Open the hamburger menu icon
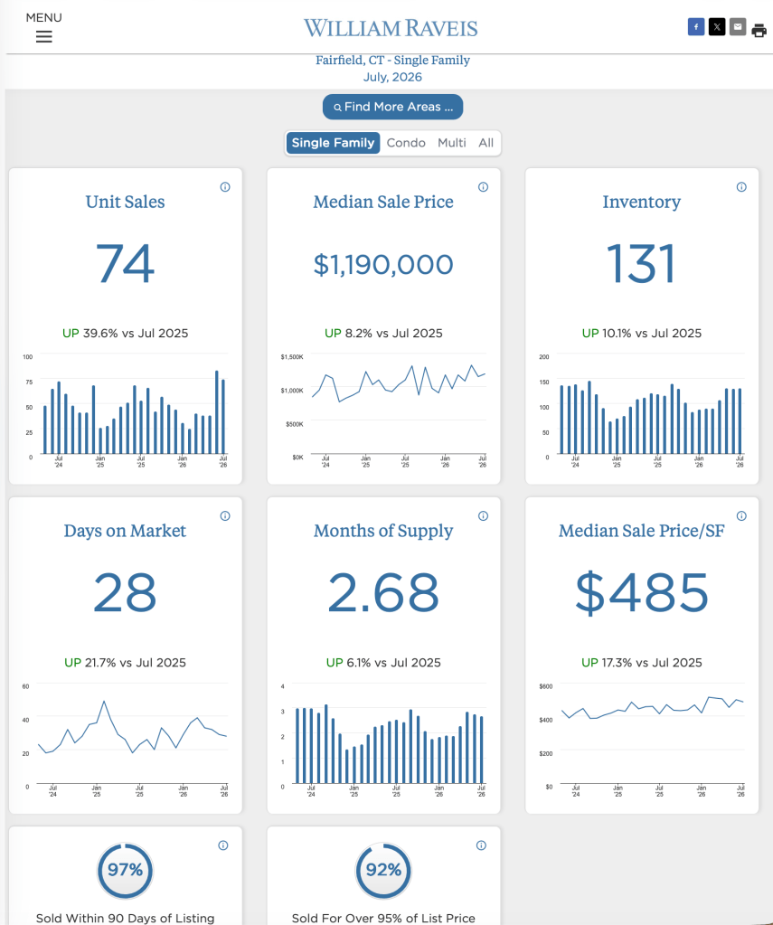pyautogui.click(x=43, y=36)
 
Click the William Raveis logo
pyautogui.click(x=391, y=28)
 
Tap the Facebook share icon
pyautogui.click(x=696, y=26)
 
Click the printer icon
pyautogui.click(x=759, y=30)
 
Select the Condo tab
pyautogui.click(x=406, y=143)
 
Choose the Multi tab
pyautogui.click(x=451, y=143)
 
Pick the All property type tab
pyautogui.click(x=485, y=143)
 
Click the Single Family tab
pyautogui.click(x=333, y=143)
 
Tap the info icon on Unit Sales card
pyautogui.click(x=225, y=187)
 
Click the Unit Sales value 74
pyautogui.click(x=125, y=264)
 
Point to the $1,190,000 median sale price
pyautogui.click(x=383, y=264)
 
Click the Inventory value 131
pyautogui.click(x=641, y=264)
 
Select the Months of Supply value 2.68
pyautogui.click(x=383, y=592)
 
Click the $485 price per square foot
pyautogui.click(x=641, y=592)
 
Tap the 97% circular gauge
pyautogui.click(x=125, y=870)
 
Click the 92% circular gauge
pyautogui.click(x=383, y=870)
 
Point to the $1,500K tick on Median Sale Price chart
pyautogui.click(x=292, y=357)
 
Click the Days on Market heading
pyautogui.click(x=125, y=531)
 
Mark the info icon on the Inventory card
pyautogui.click(x=741, y=187)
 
